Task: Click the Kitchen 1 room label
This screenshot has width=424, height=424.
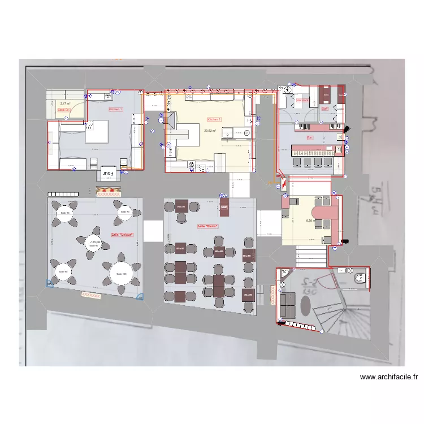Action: click(x=115, y=109)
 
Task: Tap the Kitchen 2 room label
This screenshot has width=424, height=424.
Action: click(x=214, y=120)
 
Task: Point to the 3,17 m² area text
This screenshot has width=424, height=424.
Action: click(x=65, y=104)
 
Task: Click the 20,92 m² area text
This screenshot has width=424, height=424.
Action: click(x=210, y=131)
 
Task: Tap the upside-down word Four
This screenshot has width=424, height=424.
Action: click(x=108, y=173)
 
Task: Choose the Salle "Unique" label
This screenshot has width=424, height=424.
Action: click(x=123, y=235)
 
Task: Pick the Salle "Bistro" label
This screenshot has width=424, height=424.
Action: click(x=207, y=226)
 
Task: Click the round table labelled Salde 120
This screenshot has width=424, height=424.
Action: click(x=120, y=274)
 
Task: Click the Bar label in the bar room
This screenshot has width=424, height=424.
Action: click(x=310, y=137)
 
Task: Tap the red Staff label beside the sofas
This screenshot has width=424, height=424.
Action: click(x=325, y=109)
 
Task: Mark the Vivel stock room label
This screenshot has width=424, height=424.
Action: click(x=302, y=100)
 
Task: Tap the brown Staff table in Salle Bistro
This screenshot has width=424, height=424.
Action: click(x=224, y=207)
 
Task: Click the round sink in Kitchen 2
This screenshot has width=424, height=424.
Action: click(x=247, y=133)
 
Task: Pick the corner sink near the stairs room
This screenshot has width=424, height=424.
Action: click(x=284, y=275)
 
